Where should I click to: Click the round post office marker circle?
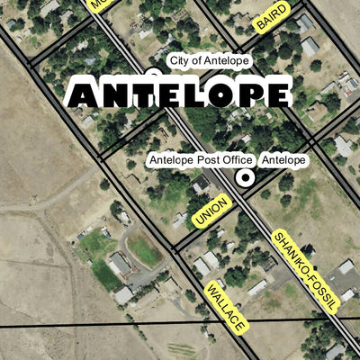pyautogui.click(x=243, y=178)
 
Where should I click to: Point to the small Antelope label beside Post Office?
pyautogui.click(x=283, y=160)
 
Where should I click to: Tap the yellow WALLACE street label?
pyautogui.click(x=226, y=307)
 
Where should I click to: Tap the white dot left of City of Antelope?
pyautogui.click(x=153, y=71)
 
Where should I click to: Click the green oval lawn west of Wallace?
pyautogui.click(x=144, y=251)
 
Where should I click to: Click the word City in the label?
pyautogui.click(x=181, y=60)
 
